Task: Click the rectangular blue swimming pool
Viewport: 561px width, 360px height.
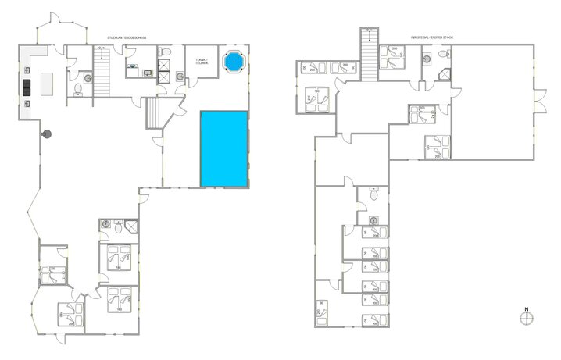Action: click(224, 148)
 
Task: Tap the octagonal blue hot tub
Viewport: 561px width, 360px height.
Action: click(232, 61)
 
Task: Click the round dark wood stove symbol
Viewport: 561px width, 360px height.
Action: click(46, 134)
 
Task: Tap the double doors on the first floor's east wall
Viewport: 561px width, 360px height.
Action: click(536, 97)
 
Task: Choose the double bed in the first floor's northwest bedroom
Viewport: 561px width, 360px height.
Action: click(316, 100)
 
